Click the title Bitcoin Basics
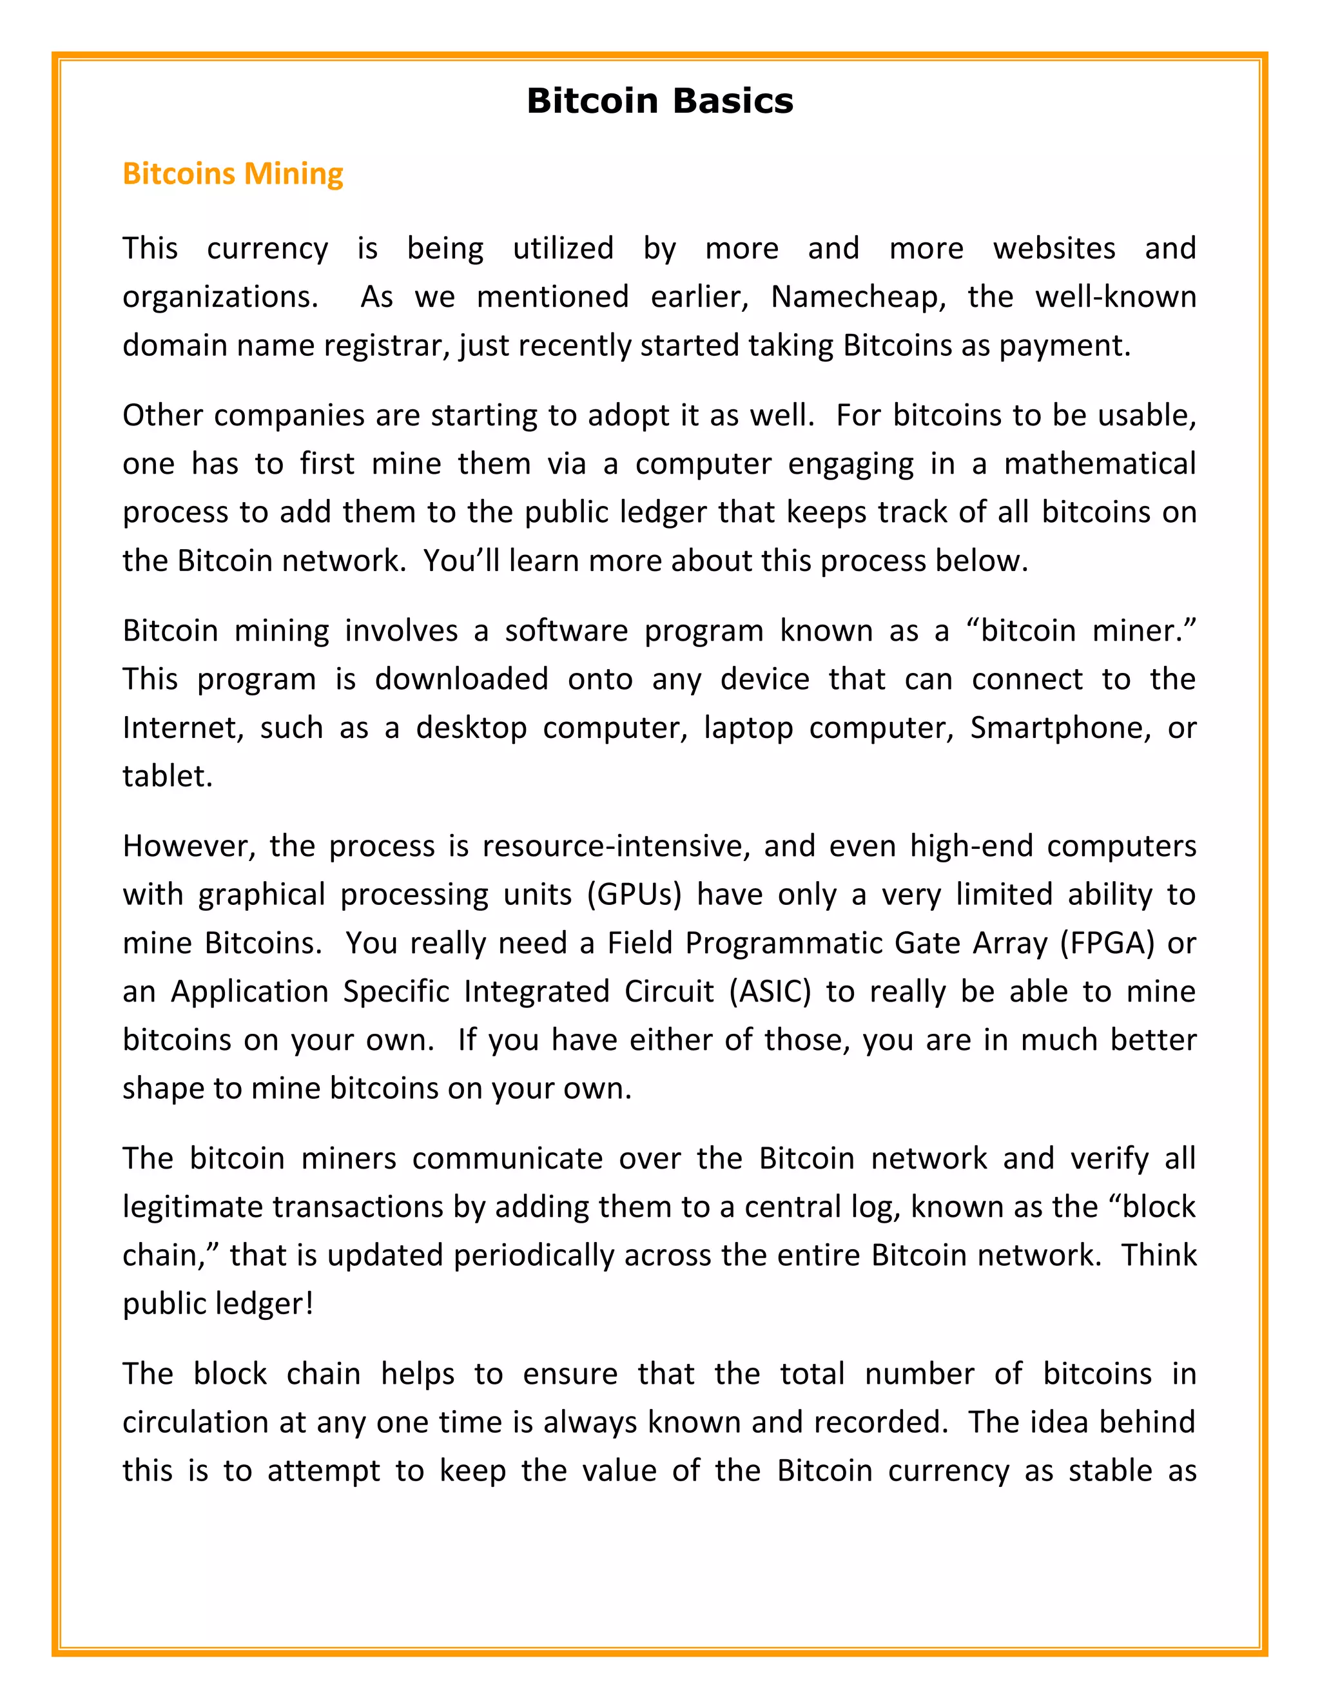point(659,102)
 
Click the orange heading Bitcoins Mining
point(233,173)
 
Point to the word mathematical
point(1100,464)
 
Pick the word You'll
point(461,561)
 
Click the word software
point(565,630)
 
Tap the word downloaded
point(461,679)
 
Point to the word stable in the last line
point(1111,1470)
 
